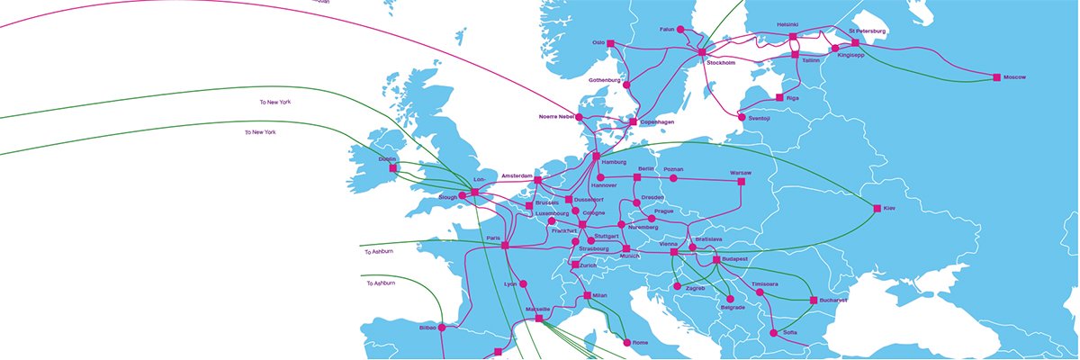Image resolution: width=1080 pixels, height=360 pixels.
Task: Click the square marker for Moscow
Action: pos(996,77)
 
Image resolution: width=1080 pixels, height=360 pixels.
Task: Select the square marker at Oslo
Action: pos(610,43)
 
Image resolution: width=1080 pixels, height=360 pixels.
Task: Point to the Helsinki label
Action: pos(787,24)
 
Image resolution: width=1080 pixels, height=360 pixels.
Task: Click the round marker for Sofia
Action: pos(773,333)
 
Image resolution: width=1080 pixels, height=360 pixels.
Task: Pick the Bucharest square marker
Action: pos(814,300)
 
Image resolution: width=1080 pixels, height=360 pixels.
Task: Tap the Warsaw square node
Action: pos(742,182)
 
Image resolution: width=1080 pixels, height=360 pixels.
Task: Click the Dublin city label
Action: pos(387,158)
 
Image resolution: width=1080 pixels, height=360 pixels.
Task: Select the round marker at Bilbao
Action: pos(443,328)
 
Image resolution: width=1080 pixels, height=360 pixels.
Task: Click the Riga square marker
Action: pos(779,97)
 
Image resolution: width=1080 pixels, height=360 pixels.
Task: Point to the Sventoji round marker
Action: pos(742,117)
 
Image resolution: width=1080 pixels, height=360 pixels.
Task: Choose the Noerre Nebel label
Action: pos(556,117)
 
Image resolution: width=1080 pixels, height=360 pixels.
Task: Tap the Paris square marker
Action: pos(505,246)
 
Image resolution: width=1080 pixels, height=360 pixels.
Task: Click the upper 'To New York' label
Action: pos(274,103)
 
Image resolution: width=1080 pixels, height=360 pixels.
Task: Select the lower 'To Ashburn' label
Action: pos(382,283)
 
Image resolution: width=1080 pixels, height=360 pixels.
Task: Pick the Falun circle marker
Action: pos(681,30)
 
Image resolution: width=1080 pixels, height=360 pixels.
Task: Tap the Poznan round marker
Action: pos(672,178)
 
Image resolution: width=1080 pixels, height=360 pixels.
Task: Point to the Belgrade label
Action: pos(733,308)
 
